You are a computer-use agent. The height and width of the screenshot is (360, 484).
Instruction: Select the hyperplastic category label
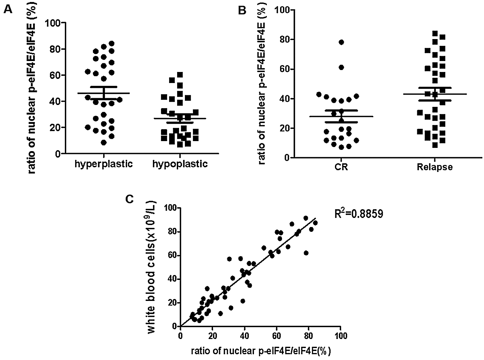104,164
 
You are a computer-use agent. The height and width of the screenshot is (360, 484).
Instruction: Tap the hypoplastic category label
180,164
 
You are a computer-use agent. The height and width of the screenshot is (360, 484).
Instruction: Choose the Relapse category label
435,168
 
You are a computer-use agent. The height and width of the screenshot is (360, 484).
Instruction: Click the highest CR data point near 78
341,42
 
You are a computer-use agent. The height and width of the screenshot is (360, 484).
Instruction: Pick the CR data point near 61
341,67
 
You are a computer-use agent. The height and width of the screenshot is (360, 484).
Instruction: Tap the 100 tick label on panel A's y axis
54,23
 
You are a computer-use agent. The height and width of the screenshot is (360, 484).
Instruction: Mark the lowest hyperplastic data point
104,142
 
